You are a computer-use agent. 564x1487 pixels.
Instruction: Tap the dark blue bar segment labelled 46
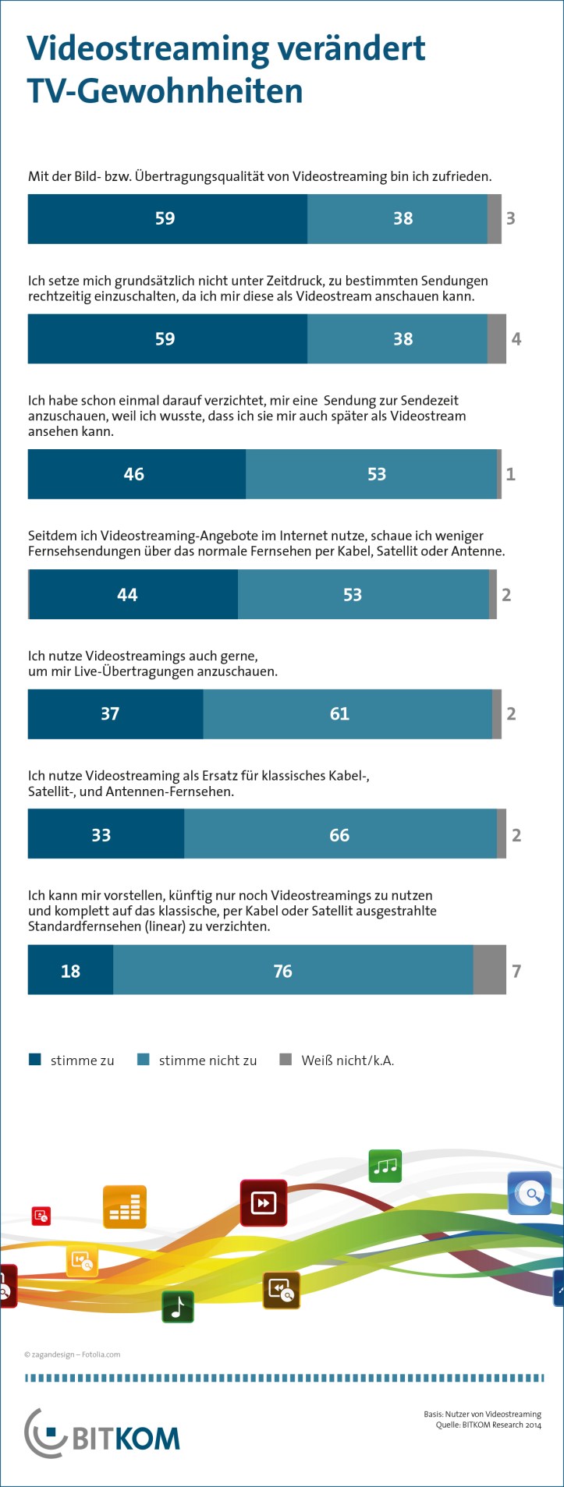(x=137, y=474)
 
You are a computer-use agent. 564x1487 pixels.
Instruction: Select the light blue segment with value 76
(x=293, y=971)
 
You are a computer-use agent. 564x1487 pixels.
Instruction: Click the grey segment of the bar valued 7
(x=489, y=971)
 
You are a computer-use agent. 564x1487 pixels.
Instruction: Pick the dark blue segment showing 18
(x=70, y=971)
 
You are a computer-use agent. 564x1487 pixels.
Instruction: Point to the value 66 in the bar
(x=339, y=835)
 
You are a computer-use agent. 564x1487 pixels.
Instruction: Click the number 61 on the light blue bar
(x=339, y=713)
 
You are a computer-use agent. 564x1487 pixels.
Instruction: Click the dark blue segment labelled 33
(x=106, y=835)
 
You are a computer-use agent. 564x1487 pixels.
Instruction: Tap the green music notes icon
(x=385, y=1166)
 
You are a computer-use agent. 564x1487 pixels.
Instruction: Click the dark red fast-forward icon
(x=264, y=1203)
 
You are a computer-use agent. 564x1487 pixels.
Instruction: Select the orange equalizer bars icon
(x=125, y=1208)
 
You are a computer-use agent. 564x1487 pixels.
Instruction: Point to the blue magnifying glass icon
(x=530, y=1193)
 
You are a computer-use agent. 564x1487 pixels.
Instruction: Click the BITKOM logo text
(x=125, y=1439)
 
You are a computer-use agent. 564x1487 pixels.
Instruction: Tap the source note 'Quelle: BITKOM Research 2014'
(x=488, y=1425)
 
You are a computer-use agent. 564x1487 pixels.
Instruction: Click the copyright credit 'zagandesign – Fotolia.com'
(x=72, y=1354)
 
